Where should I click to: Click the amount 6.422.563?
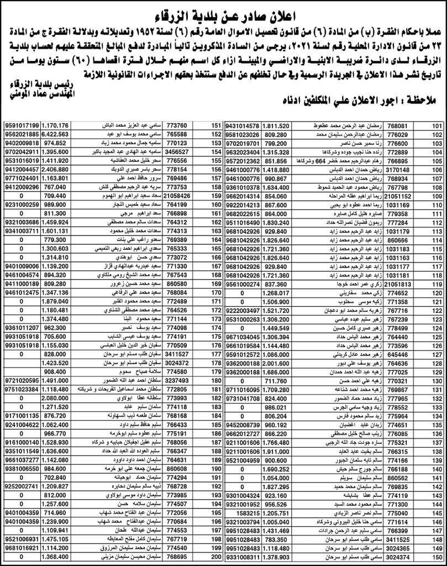pyautogui.click(x=57, y=134)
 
